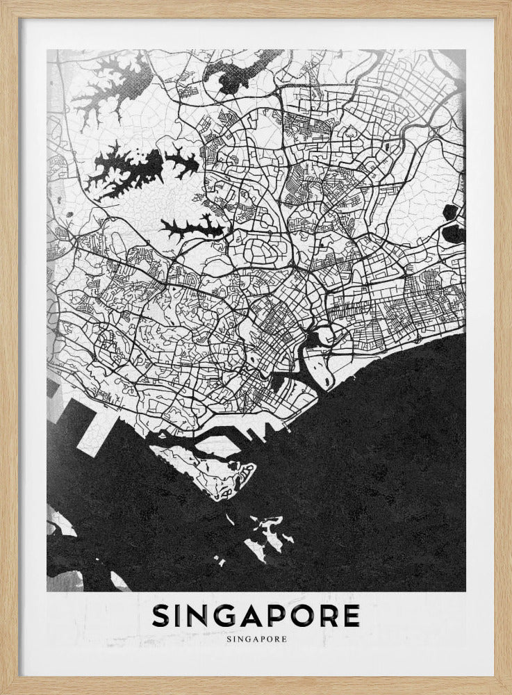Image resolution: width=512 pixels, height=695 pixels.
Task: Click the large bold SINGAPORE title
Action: click(256, 615)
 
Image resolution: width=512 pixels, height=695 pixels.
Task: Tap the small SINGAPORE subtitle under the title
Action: click(256, 636)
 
